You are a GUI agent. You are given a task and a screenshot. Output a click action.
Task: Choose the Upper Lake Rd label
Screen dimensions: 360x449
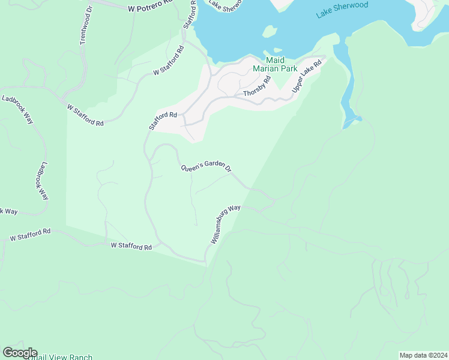(307, 77)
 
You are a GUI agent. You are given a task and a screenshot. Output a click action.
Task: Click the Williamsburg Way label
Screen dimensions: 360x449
(226, 224)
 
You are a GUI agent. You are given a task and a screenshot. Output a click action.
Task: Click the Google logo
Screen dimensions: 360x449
(19, 353)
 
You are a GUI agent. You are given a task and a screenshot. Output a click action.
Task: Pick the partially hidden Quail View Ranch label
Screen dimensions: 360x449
(60, 358)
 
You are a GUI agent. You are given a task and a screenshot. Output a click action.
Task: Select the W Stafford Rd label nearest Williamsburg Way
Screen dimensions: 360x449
(131, 246)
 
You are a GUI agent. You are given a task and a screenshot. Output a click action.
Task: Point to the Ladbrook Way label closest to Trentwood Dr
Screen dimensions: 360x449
(17, 109)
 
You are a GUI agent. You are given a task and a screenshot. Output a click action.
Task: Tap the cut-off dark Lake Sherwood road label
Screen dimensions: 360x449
(225, 4)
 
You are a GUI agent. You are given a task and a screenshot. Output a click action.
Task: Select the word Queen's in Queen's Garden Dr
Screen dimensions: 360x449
(193, 167)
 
